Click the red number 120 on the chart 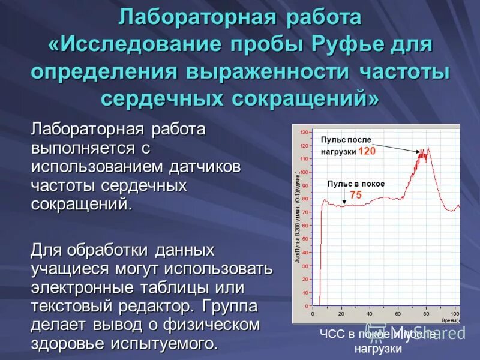pos(367,151)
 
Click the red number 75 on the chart pos(356,195)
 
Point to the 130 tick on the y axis pos(304,132)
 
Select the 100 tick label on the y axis pos(304,172)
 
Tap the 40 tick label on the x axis pos(369,313)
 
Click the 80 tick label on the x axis pos(426,313)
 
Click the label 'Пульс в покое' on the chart pos(356,184)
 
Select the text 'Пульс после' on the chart pos(342,139)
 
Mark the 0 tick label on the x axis pos(313,313)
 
